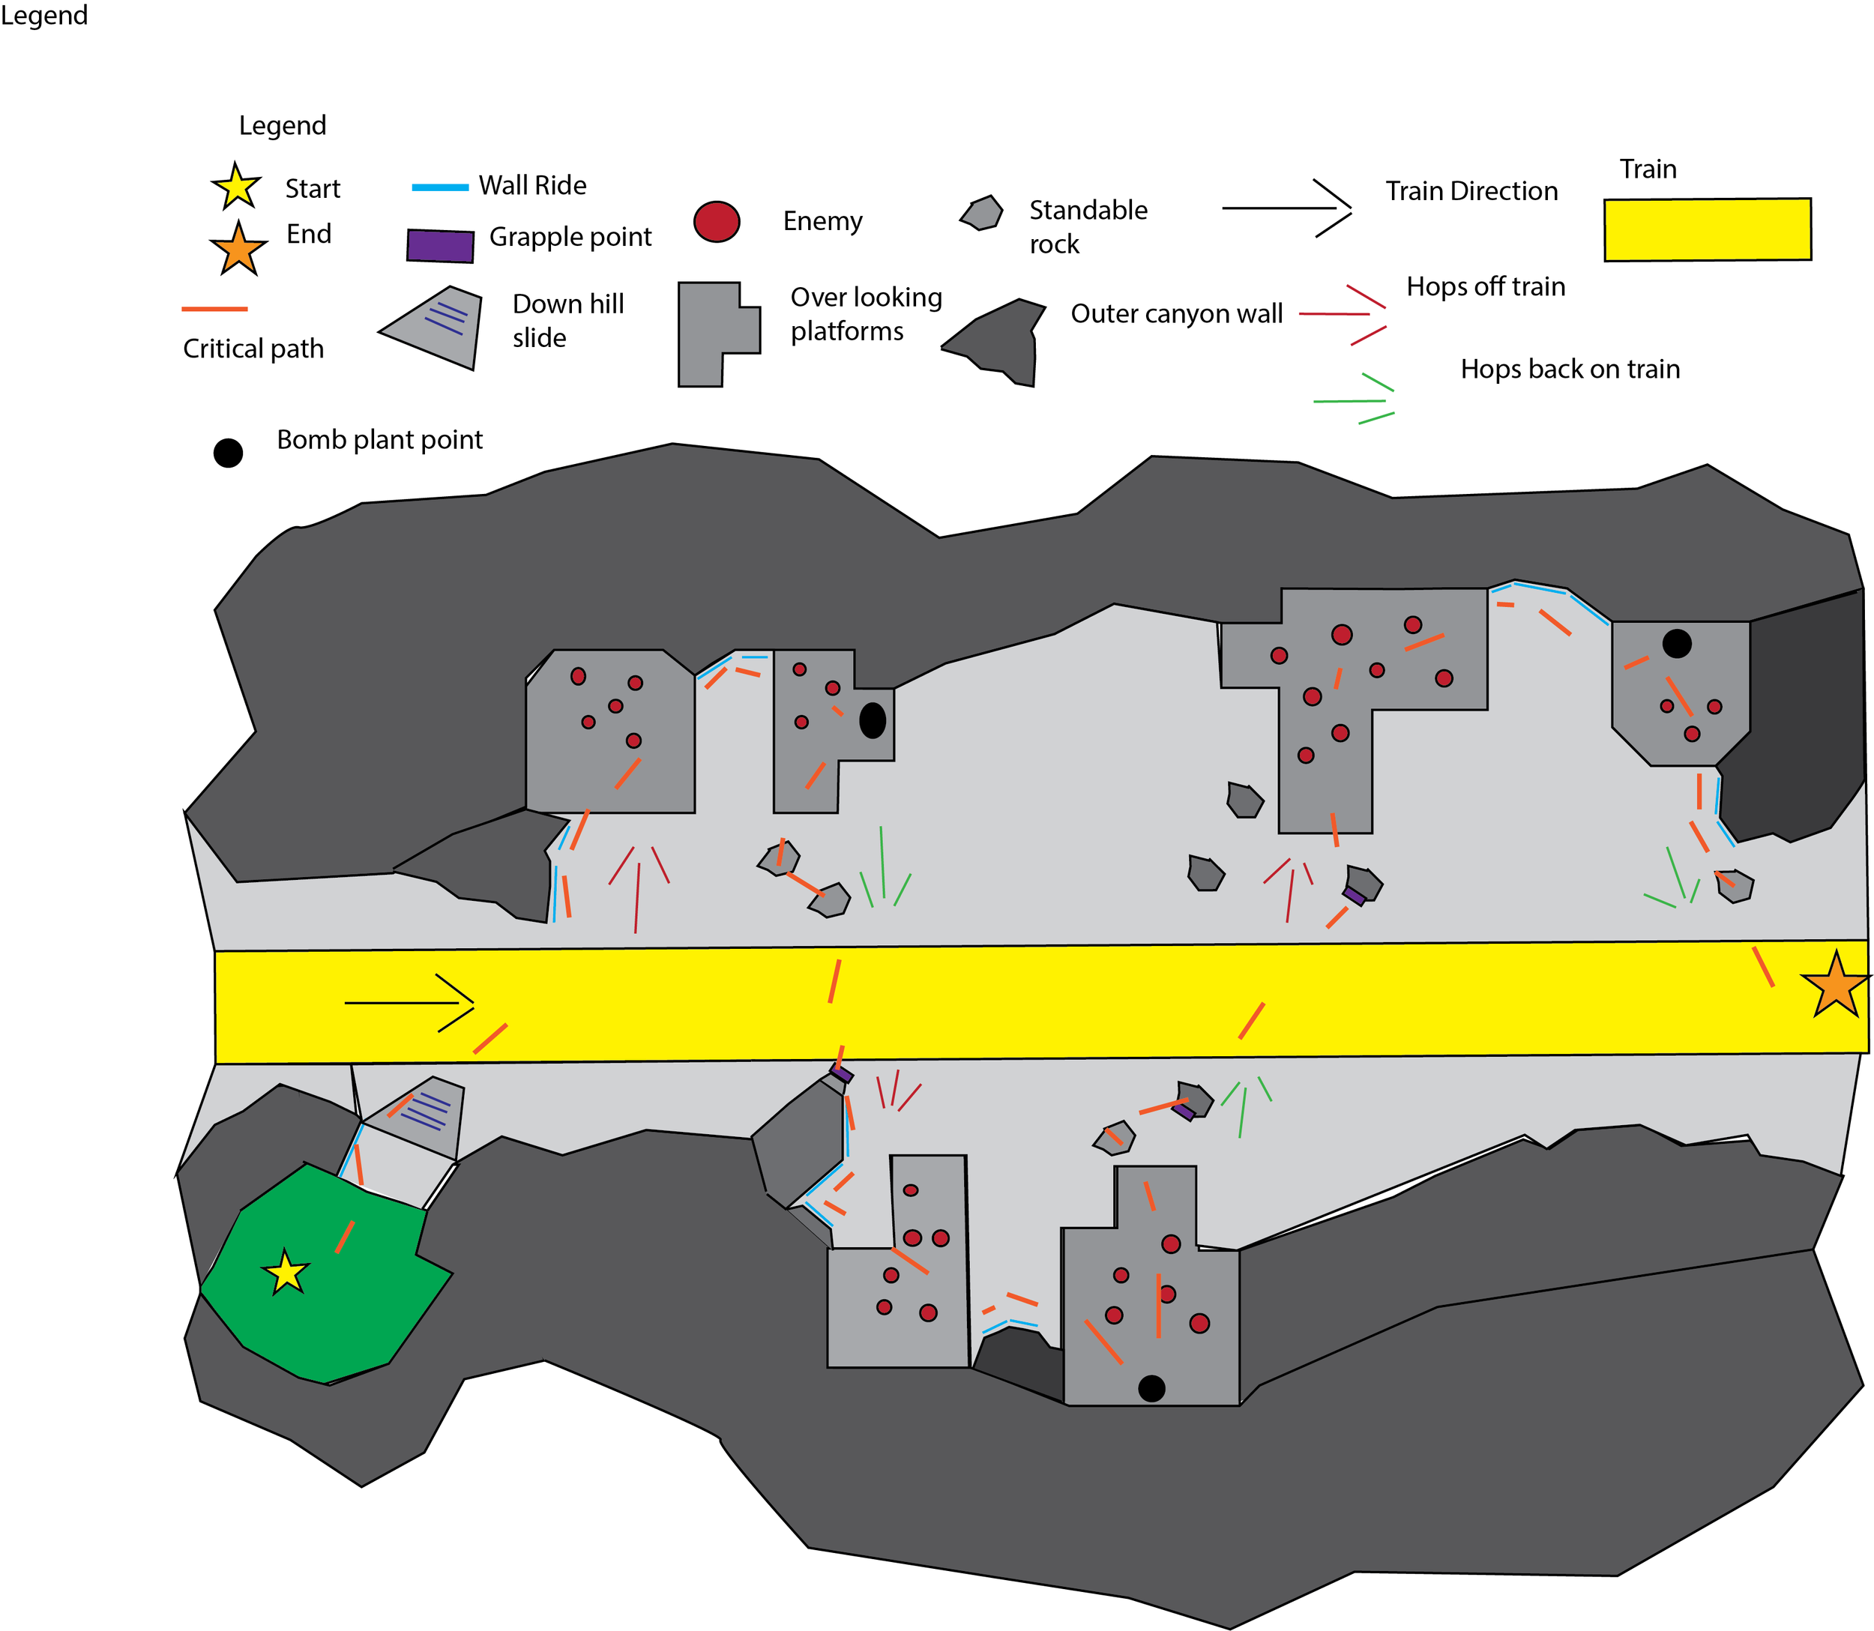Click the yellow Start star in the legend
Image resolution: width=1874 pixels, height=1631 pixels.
point(237,187)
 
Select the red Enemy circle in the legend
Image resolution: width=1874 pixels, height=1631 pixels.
point(717,221)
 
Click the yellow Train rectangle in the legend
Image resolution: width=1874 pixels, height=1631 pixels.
point(1707,229)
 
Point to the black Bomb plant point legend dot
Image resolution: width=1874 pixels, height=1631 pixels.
point(228,453)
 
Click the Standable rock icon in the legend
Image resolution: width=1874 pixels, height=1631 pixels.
point(981,213)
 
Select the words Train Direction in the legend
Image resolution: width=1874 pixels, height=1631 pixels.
point(1471,191)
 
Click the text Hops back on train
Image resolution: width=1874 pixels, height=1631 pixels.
point(1569,369)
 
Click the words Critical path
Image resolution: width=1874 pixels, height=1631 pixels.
point(253,349)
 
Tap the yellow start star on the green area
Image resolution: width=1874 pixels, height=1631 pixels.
point(286,1273)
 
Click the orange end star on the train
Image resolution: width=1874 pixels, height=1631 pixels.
point(1835,985)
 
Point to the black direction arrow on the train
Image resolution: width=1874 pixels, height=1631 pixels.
point(409,1003)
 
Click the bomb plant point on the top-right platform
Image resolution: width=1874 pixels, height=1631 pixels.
point(1677,643)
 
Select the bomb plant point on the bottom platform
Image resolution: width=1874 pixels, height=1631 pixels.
point(1151,1388)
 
